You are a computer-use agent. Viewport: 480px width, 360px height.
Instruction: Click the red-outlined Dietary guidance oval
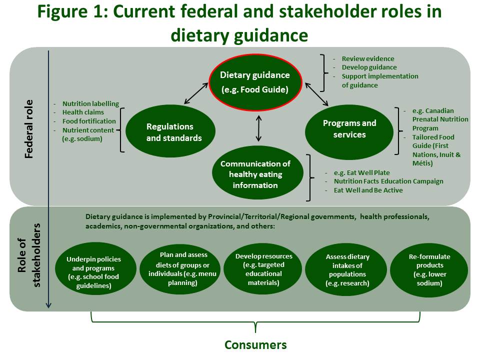[x=255, y=81]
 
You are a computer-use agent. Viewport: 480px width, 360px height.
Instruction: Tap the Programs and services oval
[x=349, y=128]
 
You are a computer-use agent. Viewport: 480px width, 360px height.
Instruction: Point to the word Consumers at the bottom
[x=255, y=344]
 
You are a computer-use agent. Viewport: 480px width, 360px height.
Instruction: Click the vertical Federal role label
[x=29, y=129]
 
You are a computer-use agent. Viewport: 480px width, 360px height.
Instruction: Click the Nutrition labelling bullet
[x=90, y=104]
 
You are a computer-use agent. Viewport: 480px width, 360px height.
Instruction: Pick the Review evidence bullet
[x=367, y=59]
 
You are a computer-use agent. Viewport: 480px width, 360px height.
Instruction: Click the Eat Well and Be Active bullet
[x=368, y=190]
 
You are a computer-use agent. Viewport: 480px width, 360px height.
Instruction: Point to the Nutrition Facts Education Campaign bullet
[x=388, y=181]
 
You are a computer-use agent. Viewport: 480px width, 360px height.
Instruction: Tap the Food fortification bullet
[x=89, y=121]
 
